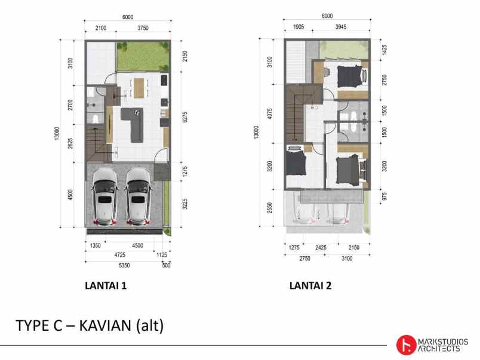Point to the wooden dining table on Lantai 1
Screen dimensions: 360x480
click(139, 87)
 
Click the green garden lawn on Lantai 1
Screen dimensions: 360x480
click(141, 56)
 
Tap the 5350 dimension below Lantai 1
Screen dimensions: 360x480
click(124, 265)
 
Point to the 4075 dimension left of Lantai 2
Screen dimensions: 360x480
click(270, 113)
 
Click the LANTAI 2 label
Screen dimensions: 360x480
click(310, 285)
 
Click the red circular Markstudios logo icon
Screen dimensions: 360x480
click(407, 343)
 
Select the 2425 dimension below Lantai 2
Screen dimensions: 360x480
click(321, 247)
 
